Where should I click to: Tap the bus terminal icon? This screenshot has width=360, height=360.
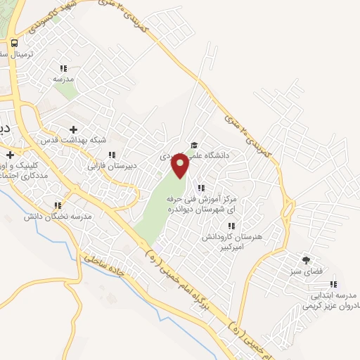(15, 42)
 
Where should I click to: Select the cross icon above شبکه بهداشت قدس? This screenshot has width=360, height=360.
(74, 129)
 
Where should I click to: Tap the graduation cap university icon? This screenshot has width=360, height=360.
(194, 146)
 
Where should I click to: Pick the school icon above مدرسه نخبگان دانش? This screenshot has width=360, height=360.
(58, 206)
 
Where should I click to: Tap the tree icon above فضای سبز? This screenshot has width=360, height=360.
(305, 260)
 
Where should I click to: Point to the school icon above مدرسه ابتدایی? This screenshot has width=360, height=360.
(333, 285)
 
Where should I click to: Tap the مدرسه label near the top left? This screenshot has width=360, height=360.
(63, 79)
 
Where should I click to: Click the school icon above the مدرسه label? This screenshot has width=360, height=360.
(63, 68)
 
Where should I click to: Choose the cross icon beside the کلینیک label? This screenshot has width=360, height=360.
(11, 154)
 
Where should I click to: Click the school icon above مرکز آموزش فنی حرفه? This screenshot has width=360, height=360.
(202, 188)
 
